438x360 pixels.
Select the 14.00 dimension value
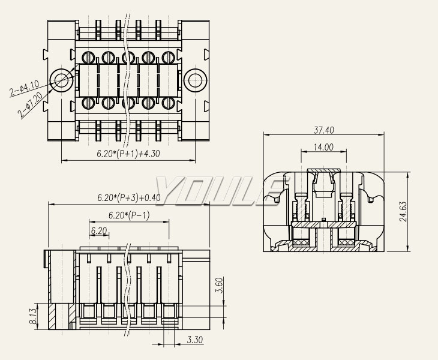click(324, 147)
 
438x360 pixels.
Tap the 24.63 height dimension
click(404, 211)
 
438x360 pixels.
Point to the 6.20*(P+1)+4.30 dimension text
click(128, 154)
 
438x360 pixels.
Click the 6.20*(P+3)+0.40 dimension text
click(129, 197)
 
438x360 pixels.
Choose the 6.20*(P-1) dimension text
click(129, 215)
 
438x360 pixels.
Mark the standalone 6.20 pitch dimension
click(99, 230)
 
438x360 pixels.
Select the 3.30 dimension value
click(194, 340)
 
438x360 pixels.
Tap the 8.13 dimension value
click(33, 316)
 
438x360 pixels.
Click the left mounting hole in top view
click(61, 80)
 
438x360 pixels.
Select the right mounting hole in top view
click(194, 80)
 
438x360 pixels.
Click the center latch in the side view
click(324, 183)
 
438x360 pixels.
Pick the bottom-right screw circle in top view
click(167, 102)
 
